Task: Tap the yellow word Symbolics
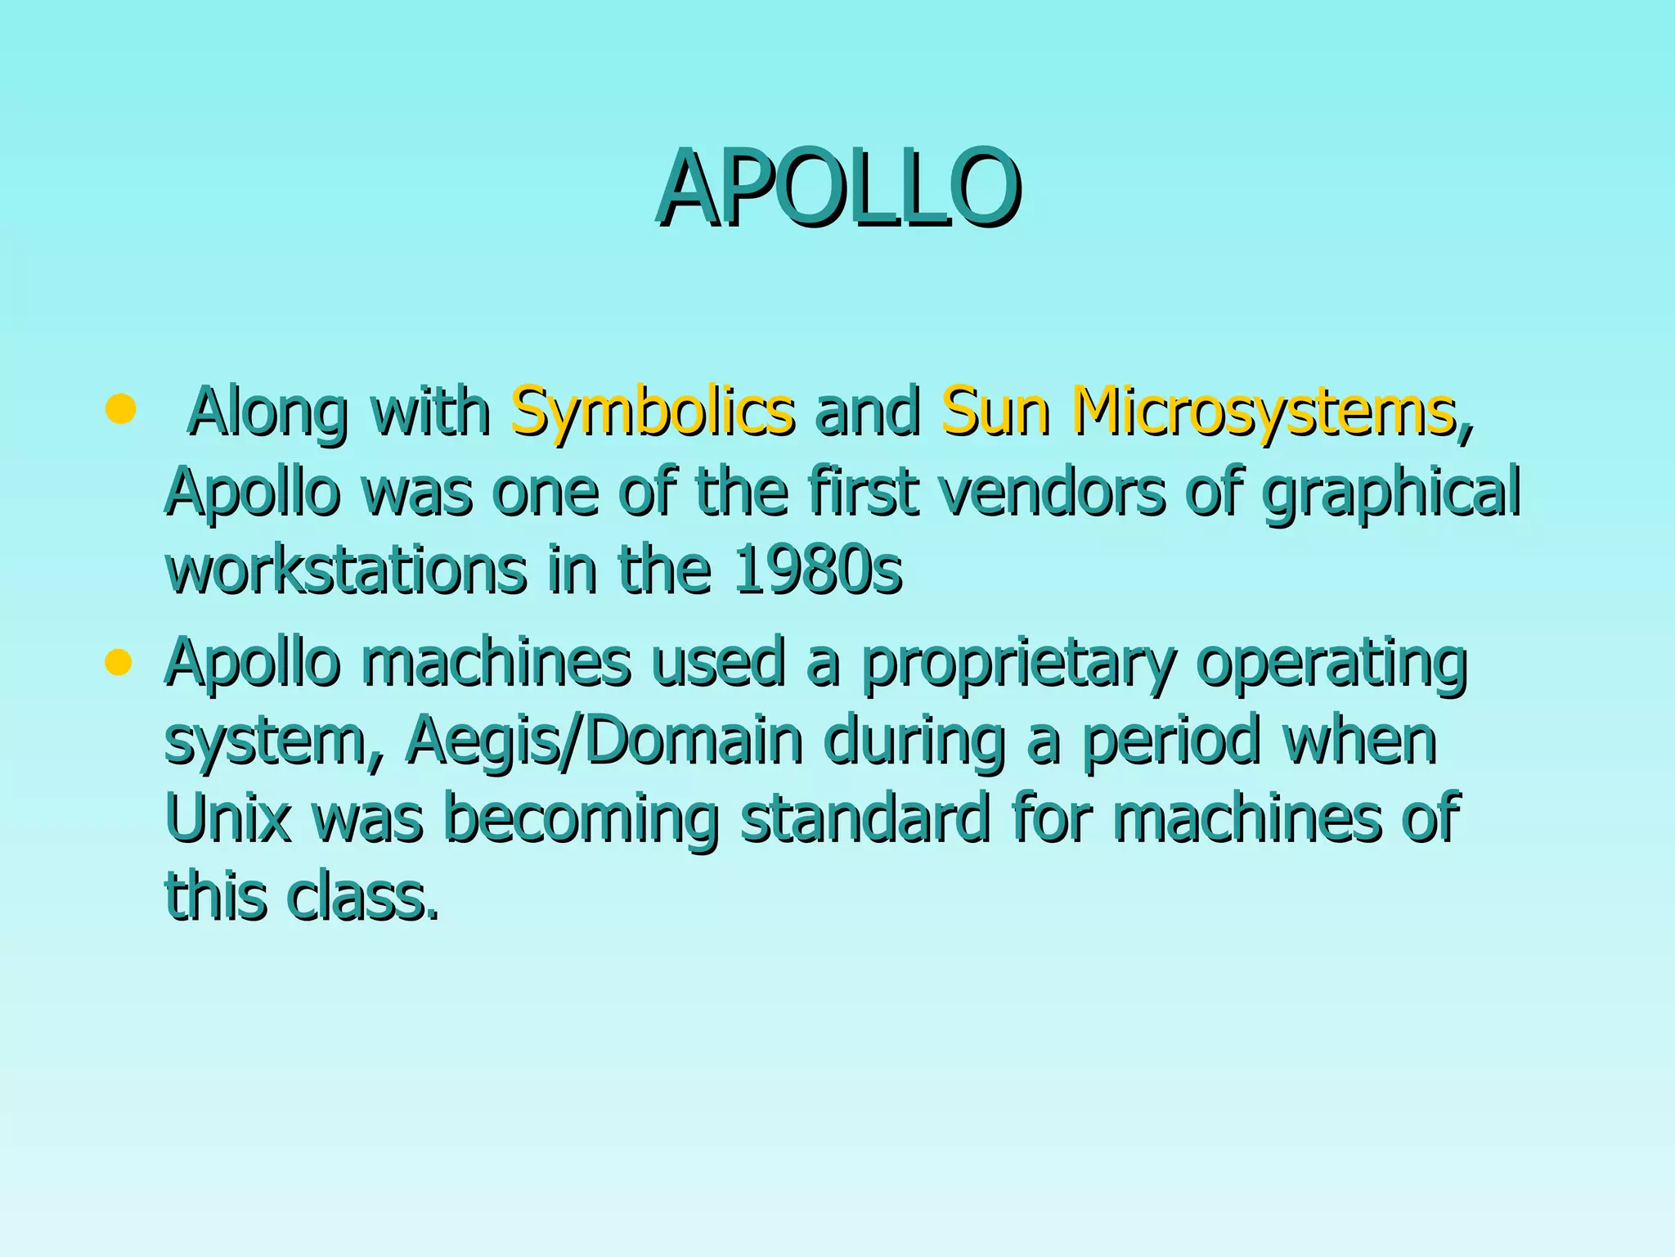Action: (x=652, y=412)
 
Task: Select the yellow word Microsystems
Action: (x=1264, y=412)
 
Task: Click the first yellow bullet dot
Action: (x=120, y=409)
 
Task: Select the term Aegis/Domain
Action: (x=604, y=741)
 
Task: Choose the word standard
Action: (x=864, y=818)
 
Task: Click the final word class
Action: (x=362, y=895)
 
